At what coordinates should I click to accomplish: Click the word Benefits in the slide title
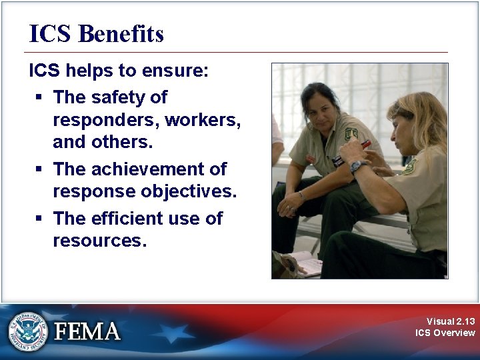(121, 34)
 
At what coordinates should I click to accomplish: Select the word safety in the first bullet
(119, 97)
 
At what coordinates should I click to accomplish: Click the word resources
(99, 241)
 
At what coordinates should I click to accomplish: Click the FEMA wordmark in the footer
(87, 331)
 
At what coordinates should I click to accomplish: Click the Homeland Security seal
(28, 331)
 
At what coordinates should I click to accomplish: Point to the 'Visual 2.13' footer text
(451, 321)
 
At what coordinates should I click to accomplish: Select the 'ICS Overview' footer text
(445, 333)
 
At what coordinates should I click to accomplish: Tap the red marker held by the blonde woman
(365, 143)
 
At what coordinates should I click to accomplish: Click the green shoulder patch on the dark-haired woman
(351, 133)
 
